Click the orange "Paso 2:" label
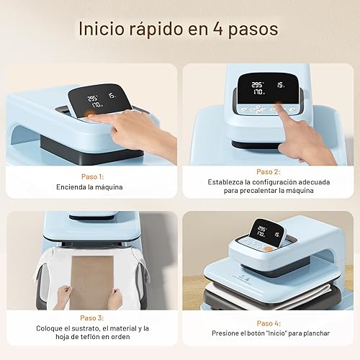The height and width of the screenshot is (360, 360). pos(269,171)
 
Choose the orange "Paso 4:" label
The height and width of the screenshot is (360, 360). pos(269,323)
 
